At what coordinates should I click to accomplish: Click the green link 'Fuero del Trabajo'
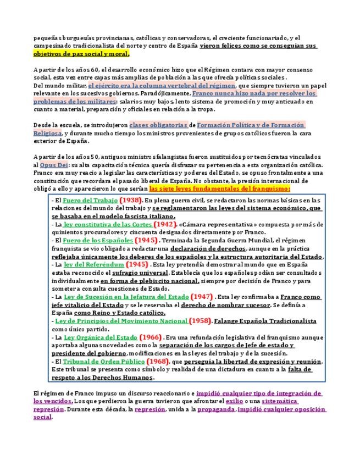(x=86, y=200)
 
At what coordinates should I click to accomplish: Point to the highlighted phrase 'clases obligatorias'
(x=158, y=125)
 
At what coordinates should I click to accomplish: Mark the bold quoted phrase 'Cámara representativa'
(x=212, y=224)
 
